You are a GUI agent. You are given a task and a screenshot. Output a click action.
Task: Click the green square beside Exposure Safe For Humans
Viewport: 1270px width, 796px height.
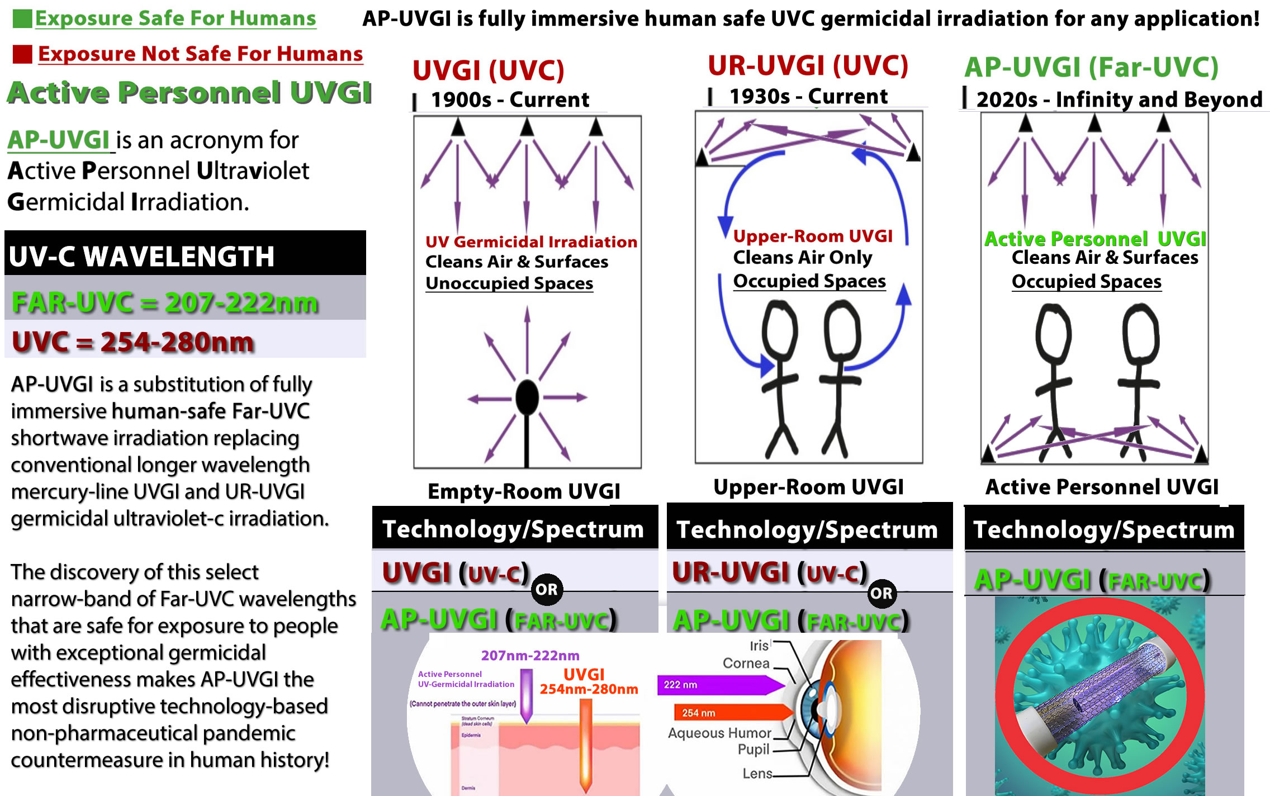(22, 18)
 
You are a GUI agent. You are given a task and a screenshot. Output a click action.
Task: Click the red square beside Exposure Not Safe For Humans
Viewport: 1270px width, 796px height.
(22, 54)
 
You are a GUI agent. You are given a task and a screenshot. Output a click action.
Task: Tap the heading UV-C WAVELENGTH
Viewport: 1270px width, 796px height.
(141, 257)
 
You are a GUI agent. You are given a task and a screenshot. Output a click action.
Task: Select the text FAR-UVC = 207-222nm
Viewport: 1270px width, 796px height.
(165, 302)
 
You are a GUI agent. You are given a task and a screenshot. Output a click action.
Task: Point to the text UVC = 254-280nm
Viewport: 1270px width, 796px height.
(133, 342)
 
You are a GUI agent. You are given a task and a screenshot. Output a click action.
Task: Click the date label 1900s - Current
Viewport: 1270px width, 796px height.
(510, 99)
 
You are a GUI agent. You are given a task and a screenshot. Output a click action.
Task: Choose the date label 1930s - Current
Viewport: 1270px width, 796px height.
(808, 96)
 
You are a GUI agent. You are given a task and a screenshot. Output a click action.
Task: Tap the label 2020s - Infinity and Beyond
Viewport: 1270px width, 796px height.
(1119, 99)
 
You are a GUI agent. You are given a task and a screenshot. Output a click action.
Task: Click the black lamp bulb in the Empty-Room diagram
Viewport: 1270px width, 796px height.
(527, 397)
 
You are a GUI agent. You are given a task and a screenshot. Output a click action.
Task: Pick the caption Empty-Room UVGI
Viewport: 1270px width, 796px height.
(524, 491)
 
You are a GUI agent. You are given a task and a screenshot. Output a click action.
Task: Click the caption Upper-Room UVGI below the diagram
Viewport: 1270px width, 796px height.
(808, 487)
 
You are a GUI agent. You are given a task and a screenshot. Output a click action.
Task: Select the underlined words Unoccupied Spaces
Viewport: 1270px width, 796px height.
(509, 283)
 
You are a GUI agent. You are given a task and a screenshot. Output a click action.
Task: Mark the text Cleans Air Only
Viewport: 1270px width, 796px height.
(802, 257)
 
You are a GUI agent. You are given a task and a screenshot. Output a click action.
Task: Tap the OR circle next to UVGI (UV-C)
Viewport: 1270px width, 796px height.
(547, 589)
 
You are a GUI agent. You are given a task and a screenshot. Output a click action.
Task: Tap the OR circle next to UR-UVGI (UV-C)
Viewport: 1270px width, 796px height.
(882, 593)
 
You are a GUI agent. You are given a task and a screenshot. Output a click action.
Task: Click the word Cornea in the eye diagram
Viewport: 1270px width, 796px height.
(746, 664)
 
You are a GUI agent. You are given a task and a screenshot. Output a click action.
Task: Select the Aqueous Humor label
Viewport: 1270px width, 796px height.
(719, 733)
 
